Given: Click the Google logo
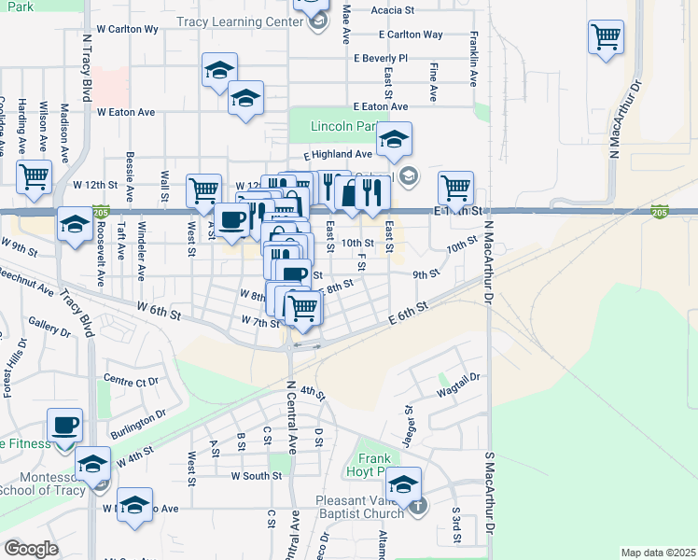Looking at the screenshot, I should point(31,549).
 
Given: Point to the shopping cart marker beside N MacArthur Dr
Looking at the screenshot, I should point(606,37).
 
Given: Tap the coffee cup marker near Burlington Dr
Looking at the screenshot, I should point(65,426).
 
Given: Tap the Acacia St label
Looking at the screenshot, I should point(392,10).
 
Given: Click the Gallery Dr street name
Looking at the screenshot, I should point(49,326).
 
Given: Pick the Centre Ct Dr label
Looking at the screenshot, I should point(132,381).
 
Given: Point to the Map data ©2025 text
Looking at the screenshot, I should point(657,553).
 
